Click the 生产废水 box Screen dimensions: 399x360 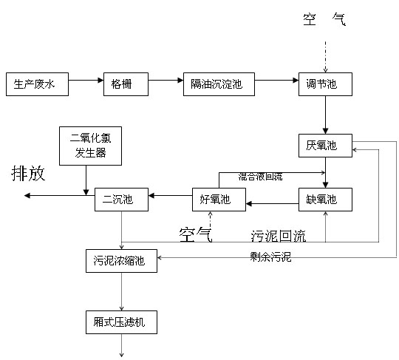click(x=37, y=84)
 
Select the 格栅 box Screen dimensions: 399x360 click(x=126, y=84)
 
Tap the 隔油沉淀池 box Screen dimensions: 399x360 click(x=219, y=84)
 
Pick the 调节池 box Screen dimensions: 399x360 click(x=325, y=84)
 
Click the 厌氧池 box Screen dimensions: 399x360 click(x=325, y=146)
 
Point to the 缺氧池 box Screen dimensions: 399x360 click(x=325, y=200)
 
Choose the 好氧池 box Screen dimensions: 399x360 click(x=219, y=200)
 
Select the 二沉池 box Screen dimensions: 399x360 click(x=121, y=200)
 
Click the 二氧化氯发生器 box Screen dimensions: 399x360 click(x=90, y=146)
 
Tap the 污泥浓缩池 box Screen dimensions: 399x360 click(x=121, y=261)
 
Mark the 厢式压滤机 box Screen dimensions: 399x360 click(x=121, y=322)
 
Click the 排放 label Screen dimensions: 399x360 click(x=28, y=174)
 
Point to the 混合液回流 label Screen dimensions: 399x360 click(x=260, y=177)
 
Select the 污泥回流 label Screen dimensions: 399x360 click(x=278, y=236)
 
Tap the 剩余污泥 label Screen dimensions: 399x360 click(x=270, y=257)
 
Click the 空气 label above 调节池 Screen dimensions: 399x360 click(x=324, y=20)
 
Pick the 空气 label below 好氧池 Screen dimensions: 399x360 click(x=195, y=235)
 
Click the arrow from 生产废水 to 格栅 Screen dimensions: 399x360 click(x=86, y=81)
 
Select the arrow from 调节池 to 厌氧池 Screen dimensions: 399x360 click(x=325, y=115)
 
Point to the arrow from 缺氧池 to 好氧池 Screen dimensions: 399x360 click(x=272, y=204)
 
